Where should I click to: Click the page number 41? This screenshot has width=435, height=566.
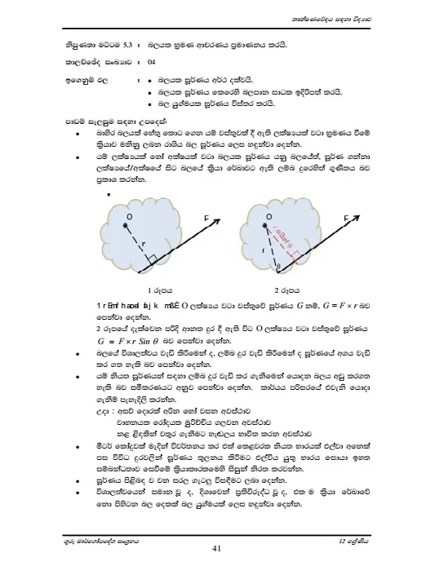[x=217, y=548]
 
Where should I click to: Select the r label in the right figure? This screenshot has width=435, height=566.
[x=264, y=244]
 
